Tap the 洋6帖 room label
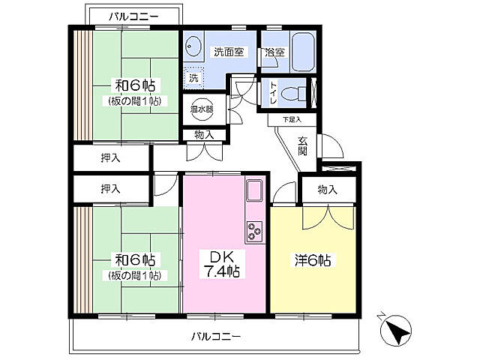tap(313, 260)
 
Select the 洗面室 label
tap(229, 52)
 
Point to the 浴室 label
tap(274, 52)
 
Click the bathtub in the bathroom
tap(303, 52)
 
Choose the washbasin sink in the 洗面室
tap(193, 46)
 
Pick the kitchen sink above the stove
tap(254, 190)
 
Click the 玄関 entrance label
tap(302, 146)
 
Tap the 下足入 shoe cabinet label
tap(292, 119)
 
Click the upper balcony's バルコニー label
tap(134, 16)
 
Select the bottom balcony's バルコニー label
tap(216, 337)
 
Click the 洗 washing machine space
tap(193, 78)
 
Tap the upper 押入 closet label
tap(111, 158)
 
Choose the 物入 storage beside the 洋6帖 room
tap(328, 190)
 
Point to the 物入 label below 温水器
tap(204, 135)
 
